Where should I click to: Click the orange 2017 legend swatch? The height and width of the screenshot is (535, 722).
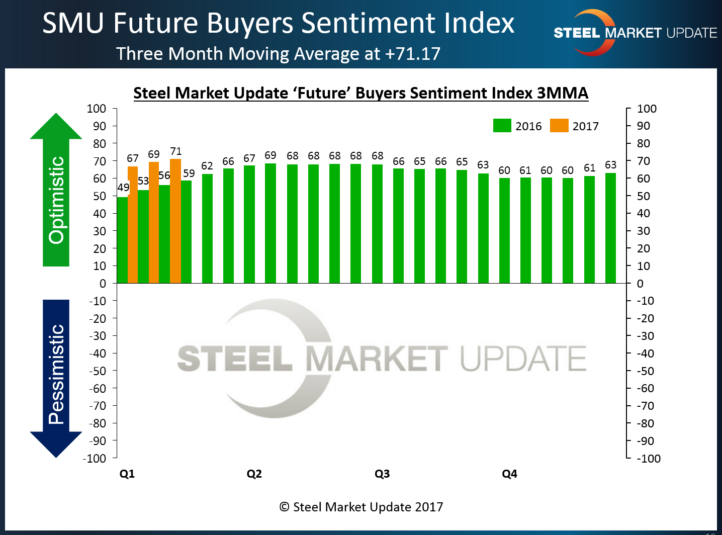pyautogui.click(x=559, y=126)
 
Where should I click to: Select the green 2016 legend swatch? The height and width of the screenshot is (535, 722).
pyautogui.click(x=502, y=126)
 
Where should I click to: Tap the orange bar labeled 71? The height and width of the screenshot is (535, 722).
pyautogui.click(x=175, y=221)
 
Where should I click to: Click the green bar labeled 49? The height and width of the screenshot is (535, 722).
pyautogui.click(x=122, y=240)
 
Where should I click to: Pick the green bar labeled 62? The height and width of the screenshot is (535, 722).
pyautogui.click(x=207, y=229)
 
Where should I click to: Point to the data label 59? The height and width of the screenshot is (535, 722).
pyautogui.click(x=189, y=173)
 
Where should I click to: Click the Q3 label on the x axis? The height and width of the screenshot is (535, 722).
pyautogui.click(x=382, y=474)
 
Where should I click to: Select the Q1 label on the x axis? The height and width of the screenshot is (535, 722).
pyautogui.click(x=127, y=474)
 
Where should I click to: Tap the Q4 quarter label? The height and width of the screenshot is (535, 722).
pyautogui.click(x=509, y=474)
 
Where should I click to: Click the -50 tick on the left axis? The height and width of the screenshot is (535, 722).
pyautogui.click(x=97, y=371)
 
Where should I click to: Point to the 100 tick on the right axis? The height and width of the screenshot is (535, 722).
pyautogui.click(x=647, y=109)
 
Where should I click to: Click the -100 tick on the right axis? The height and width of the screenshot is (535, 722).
pyautogui.click(x=648, y=459)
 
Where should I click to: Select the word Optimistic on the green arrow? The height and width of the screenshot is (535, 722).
pyautogui.click(x=56, y=200)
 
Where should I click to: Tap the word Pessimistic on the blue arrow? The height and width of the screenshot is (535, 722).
pyautogui.click(x=56, y=374)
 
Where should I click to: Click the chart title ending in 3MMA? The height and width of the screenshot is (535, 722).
pyautogui.click(x=360, y=94)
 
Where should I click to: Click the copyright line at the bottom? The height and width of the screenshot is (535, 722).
pyautogui.click(x=361, y=507)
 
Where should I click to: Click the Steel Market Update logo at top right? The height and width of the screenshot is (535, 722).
pyautogui.click(x=635, y=33)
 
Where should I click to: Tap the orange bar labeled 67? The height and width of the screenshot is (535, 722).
pyautogui.click(x=133, y=225)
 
